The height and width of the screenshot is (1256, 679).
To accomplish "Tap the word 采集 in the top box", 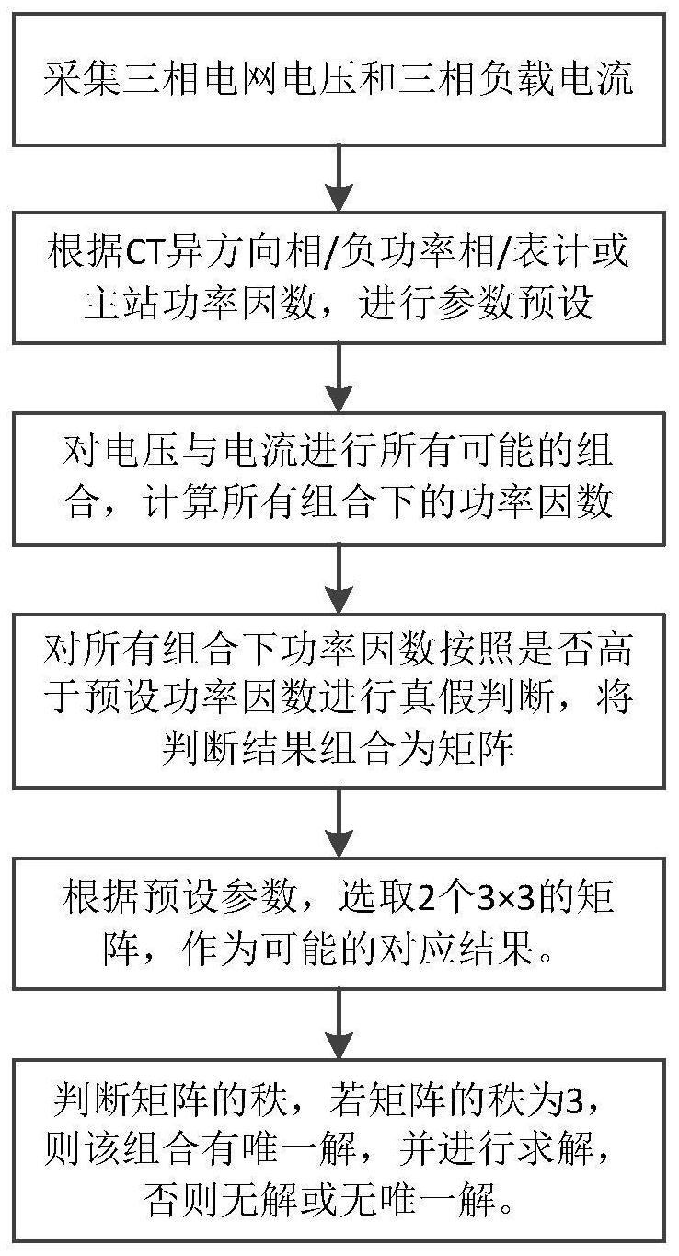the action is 81,79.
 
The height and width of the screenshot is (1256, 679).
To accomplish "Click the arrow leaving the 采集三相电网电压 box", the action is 339,179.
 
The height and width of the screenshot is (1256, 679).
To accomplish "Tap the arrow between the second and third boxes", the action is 339,378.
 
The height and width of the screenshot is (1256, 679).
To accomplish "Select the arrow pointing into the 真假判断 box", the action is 339,580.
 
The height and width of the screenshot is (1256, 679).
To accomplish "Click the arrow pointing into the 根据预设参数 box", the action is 339,824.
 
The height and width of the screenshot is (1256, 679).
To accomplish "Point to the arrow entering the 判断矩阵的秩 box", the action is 339,1024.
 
